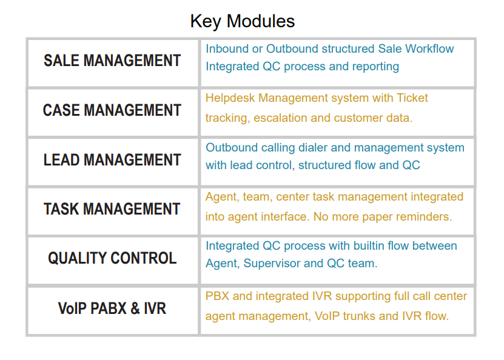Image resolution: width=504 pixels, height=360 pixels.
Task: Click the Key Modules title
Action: click(243, 22)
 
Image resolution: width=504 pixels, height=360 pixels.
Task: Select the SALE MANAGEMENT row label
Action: click(112, 61)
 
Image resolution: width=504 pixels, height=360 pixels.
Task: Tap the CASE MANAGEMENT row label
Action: click(112, 110)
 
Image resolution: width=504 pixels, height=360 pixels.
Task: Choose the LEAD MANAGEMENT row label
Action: click(112, 160)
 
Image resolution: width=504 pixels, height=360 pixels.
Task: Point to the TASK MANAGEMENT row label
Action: click(112, 209)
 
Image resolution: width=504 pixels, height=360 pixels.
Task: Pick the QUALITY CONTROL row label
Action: click(112, 258)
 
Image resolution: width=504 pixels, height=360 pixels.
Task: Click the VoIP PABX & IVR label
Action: click(112, 308)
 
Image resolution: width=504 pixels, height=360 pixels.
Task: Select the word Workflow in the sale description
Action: click(429, 49)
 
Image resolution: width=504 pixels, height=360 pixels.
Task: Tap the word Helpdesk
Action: click(230, 98)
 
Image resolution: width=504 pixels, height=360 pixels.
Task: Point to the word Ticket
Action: click(412, 98)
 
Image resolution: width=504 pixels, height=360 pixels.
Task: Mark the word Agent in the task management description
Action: click(223, 197)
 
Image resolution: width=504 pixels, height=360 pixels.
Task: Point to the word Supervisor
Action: click(272, 264)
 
